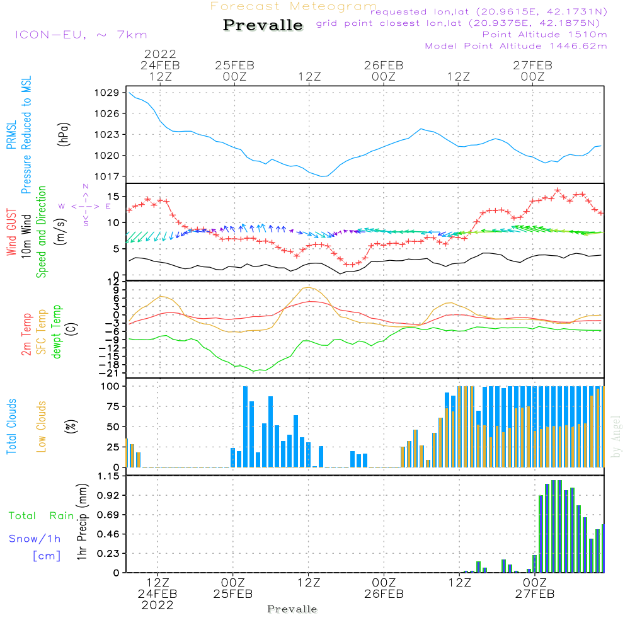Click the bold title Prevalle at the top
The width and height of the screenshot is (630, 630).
pos(263,26)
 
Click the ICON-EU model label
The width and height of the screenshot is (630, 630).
pos(81,35)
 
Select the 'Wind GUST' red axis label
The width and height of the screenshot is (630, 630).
pos(12,233)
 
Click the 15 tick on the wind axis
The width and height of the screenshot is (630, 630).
pos(113,196)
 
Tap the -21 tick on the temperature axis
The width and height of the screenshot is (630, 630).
pos(111,373)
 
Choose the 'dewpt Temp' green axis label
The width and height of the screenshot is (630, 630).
pos(57,332)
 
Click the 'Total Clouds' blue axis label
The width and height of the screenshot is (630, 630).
pos(12,427)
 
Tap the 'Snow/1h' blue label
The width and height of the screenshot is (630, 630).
pos(35,539)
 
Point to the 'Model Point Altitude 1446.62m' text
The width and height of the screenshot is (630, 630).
pos(516,46)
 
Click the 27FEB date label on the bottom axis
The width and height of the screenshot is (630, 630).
pos(534,593)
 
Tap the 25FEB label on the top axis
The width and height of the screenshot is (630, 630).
pos(234,65)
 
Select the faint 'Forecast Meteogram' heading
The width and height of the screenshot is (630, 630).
pos(294,6)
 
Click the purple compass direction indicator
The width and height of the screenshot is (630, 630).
pos(86,206)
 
